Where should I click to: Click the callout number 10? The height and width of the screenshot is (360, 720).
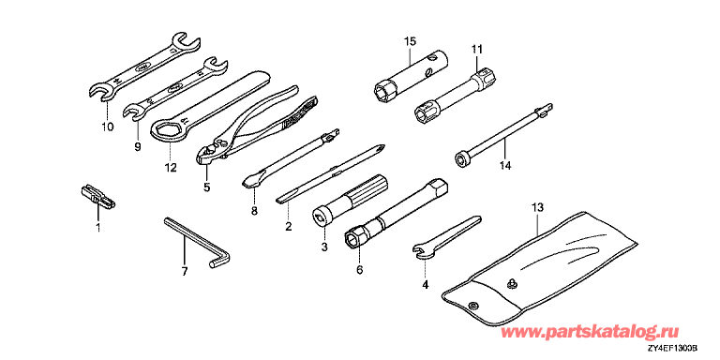click(108, 127)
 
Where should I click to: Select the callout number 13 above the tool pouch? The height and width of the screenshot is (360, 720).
click(538, 207)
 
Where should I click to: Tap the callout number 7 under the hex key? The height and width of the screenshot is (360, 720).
click(184, 272)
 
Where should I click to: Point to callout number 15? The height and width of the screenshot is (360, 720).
click(410, 41)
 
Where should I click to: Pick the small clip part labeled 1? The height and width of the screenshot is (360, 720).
click(97, 196)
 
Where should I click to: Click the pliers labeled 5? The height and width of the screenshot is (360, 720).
click(247, 124)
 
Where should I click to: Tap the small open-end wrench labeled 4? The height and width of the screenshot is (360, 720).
click(446, 235)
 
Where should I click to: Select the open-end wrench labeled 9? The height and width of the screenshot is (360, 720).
click(176, 89)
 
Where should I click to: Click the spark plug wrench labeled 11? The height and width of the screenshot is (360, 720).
click(455, 97)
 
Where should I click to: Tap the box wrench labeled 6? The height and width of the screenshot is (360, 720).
click(396, 215)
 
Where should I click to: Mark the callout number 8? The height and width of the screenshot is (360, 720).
click(254, 210)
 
